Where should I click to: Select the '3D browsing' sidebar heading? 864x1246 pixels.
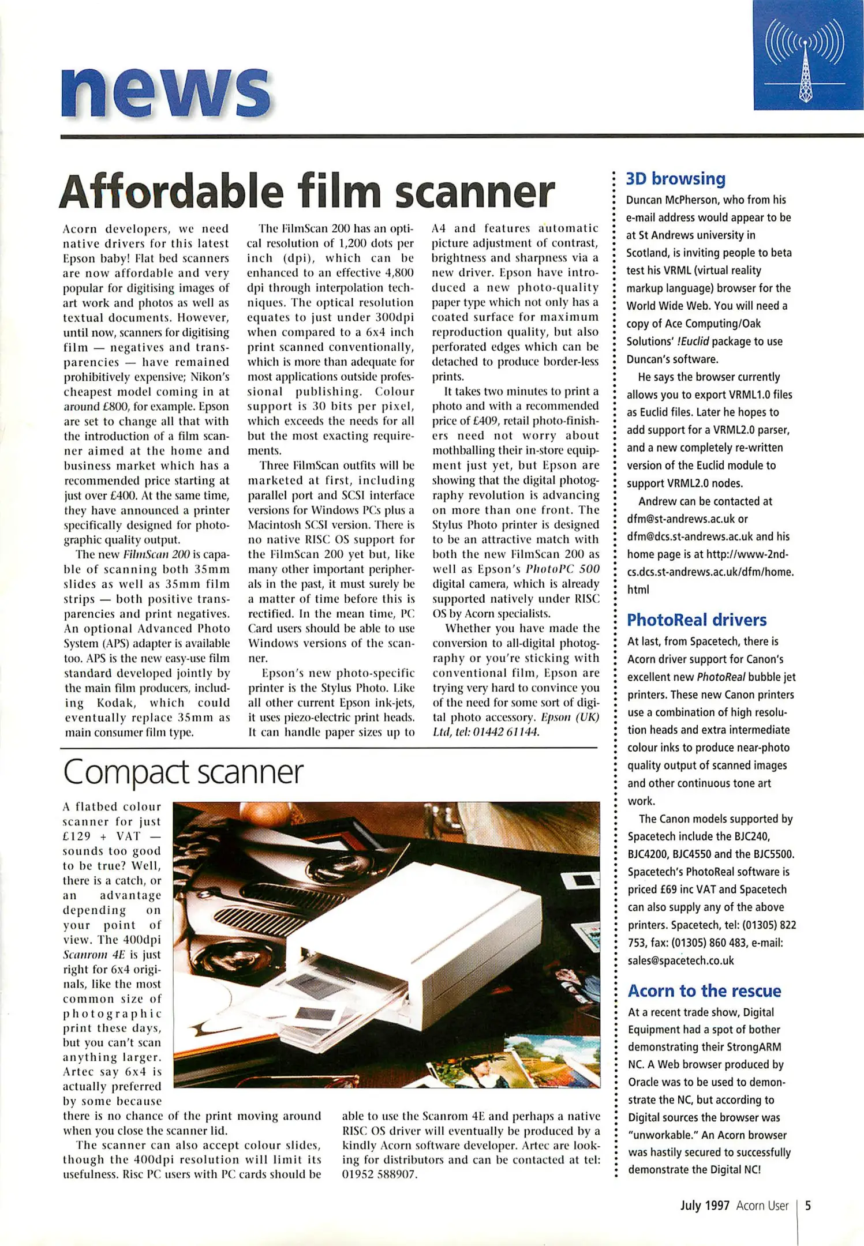[x=675, y=179]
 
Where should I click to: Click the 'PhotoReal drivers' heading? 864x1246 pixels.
[x=697, y=620]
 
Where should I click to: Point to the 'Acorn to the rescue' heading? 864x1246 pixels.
[x=704, y=991]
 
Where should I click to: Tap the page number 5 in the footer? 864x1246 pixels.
[x=808, y=1206]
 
